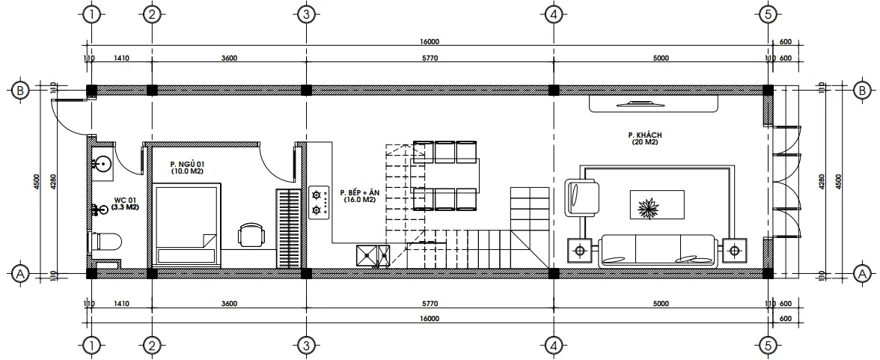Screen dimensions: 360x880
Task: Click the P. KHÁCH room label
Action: pos(644,138)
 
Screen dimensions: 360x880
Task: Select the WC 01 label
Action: pos(125,204)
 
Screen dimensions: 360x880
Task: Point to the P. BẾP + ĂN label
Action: pos(360,195)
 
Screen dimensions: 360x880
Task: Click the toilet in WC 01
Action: pos(106,242)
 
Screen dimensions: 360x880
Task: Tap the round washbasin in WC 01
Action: pos(103,162)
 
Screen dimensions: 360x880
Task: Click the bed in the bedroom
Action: pos(187,225)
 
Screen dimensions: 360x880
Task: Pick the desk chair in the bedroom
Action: pos(250,235)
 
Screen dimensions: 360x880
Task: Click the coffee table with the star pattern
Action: pos(646,205)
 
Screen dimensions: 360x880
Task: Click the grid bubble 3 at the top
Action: pos(305,14)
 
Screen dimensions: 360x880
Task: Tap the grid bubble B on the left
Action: pos(20,91)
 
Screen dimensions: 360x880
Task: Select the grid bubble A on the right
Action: pos(861,274)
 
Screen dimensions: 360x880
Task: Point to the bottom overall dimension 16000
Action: pos(429,318)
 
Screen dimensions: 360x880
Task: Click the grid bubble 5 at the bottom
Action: pos(767,345)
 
